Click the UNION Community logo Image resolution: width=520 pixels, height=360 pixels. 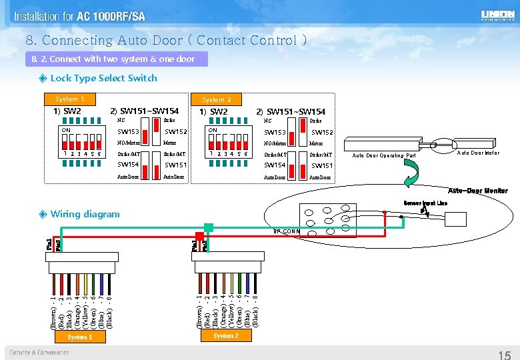tap(497, 15)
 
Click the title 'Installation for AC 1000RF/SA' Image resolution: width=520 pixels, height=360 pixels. tap(79, 16)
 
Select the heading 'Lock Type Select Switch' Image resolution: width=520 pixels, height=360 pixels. tap(103, 78)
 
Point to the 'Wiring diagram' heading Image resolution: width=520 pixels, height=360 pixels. tap(85, 214)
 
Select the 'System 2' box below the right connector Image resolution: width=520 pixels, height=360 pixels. tap(225, 336)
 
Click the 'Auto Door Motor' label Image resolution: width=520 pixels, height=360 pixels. tap(477, 153)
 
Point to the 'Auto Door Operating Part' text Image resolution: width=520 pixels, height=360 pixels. tap(383, 156)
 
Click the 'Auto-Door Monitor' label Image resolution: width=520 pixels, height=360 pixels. tap(477, 191)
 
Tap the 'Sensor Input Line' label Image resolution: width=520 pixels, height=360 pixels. tap(425, 203)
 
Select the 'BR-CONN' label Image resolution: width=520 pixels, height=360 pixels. tap(287, 231)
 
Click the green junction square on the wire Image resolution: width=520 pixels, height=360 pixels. tap(209, 228)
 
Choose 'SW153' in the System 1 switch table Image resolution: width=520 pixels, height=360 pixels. tap(128, 132)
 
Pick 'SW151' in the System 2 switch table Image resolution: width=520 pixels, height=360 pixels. tap(322, 165)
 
